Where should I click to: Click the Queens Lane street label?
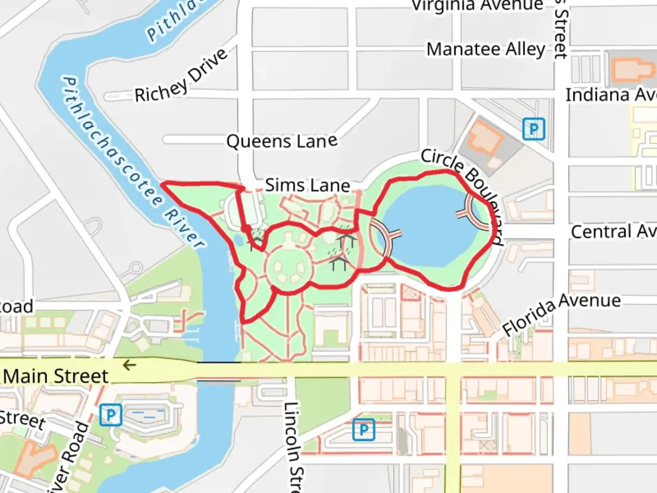(282, 141)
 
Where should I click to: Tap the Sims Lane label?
(308, 185)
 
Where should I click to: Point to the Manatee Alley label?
(486, 49)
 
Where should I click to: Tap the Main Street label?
(56, 376)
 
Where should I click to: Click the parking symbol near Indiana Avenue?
(533, 129)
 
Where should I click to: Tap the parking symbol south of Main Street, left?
(110, 415)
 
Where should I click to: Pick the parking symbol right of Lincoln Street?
(364, 430)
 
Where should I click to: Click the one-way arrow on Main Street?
(130, 365)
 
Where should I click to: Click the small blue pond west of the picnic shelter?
(238, 239)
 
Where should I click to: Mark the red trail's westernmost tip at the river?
(163, 184)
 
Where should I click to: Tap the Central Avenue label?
(613, 231)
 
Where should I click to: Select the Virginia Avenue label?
(477, 5)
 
